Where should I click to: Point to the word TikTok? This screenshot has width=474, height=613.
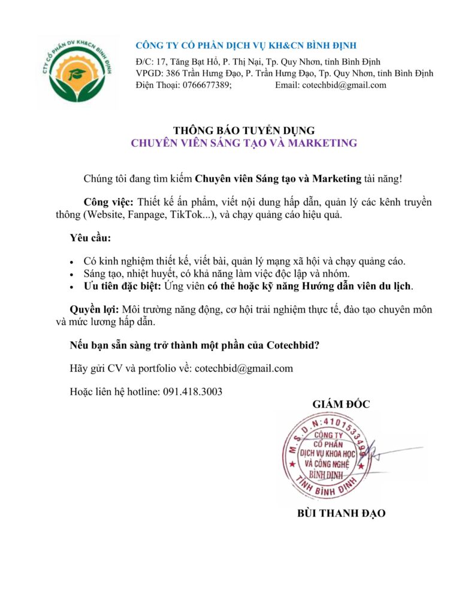point(194,214)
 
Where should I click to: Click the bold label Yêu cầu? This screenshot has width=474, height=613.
point(90,238)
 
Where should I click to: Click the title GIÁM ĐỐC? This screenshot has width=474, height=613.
point(341,404)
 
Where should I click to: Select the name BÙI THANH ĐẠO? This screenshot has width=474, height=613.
point(341,513)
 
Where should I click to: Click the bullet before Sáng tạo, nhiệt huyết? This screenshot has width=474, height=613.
point(72,274)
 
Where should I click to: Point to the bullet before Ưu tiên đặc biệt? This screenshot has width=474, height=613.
point(72,287)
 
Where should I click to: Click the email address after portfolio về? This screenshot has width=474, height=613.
point(244,368)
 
